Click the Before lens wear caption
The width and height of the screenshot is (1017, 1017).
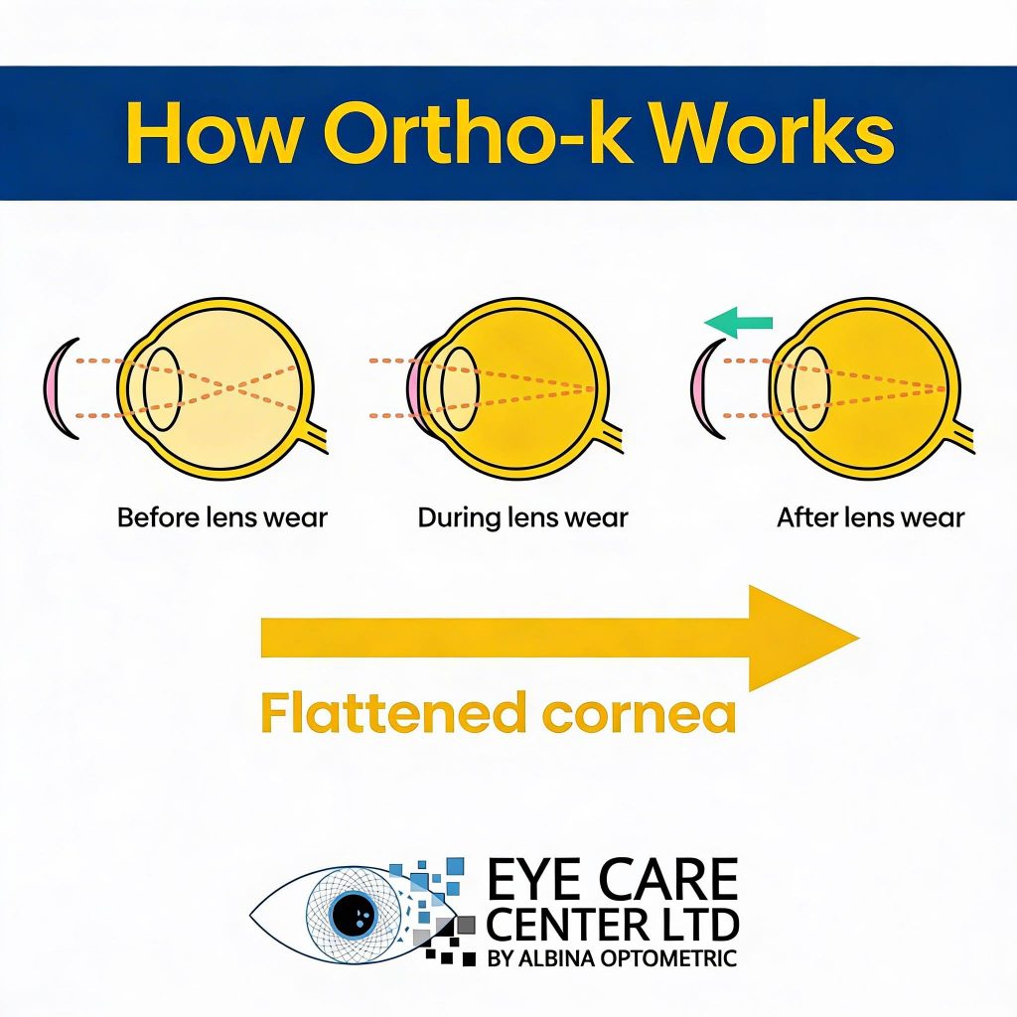click(x=221, y=518)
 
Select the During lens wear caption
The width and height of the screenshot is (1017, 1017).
click(x=522, y=518)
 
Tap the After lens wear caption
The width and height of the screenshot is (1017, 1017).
click(x=870, y=518)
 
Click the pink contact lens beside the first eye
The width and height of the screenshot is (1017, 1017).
click(x=60, y=388)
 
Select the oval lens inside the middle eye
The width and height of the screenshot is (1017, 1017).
click(x=459, y=388)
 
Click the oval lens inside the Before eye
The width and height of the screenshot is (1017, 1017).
click(x=162, y=388)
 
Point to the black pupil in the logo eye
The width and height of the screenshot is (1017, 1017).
click(x=351, y=913)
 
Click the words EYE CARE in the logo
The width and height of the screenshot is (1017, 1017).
click(x=613, y=881)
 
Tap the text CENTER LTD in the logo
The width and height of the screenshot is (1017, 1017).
click(x=613, y=926)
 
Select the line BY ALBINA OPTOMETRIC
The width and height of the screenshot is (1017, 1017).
click(x=613, y=958)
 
